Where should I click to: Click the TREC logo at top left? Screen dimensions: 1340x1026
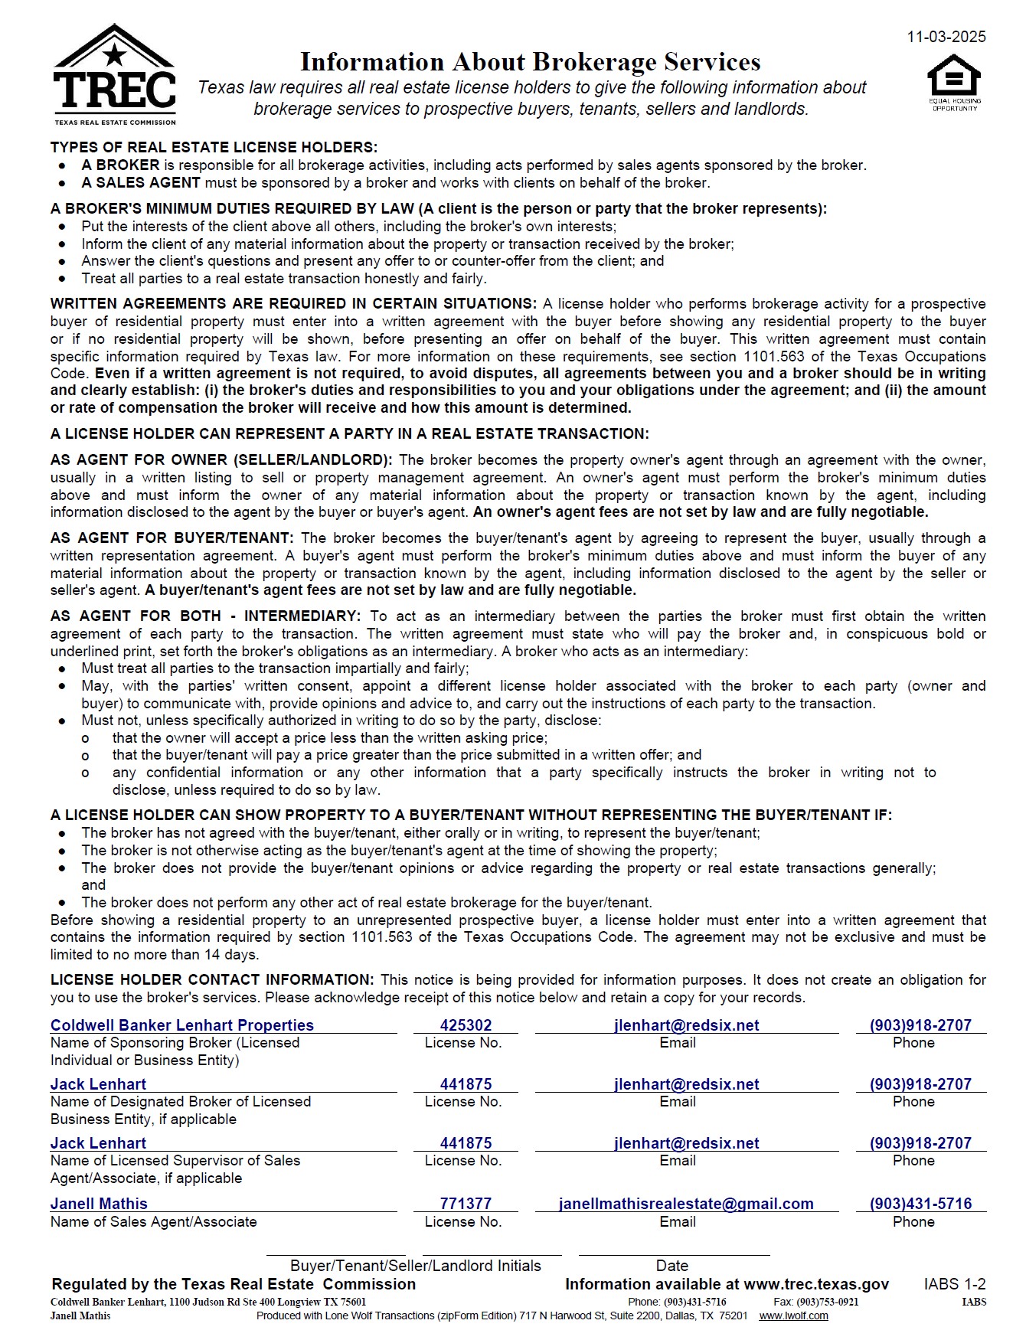click(115, 75)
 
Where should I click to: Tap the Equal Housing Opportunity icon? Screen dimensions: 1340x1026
click(954, 81)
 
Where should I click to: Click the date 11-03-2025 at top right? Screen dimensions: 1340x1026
click(946, 37)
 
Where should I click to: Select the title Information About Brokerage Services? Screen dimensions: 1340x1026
click(530, 61)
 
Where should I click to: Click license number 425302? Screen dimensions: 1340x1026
click(466, 1025)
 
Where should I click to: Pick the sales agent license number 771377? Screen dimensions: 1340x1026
click(466, 1204)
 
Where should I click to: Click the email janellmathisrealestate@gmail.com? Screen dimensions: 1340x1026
click(686, 1204)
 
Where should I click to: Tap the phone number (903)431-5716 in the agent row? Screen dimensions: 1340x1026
click(920, 1204)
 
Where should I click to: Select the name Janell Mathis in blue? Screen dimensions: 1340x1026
click(99, 1204)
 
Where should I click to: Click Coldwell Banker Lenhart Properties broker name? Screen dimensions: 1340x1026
click(182, 1025)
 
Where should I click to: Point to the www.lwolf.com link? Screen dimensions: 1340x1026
click(793, 1315)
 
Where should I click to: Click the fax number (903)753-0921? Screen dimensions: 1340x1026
click(827, 1302)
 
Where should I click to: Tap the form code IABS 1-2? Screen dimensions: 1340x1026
click(955, 1284)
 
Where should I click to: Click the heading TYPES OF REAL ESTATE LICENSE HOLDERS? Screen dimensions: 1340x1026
click(214, 147)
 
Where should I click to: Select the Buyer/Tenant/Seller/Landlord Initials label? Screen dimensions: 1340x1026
click(415, 1266)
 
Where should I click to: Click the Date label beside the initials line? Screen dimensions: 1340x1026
click(671, 1266)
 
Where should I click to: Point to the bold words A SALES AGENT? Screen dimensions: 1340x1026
click(141, 183)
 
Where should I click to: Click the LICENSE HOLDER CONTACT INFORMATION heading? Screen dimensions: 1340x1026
click(212, 979)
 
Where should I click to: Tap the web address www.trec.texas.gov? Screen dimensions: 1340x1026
click(816, 1284)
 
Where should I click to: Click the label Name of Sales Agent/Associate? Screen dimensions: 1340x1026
click(154, 1221)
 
